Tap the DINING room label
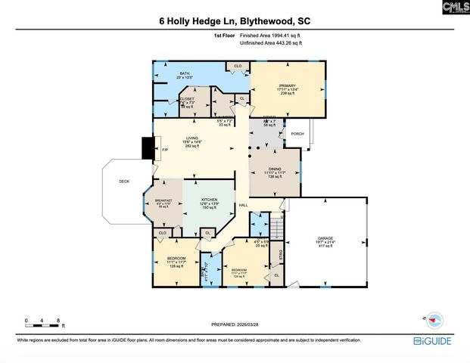point(274,172)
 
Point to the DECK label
point(124,181)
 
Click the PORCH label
point(297,134)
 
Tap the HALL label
point(243,206)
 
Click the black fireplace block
point(148,147)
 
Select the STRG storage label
point(280,257)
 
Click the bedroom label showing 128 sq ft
point(176,262)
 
